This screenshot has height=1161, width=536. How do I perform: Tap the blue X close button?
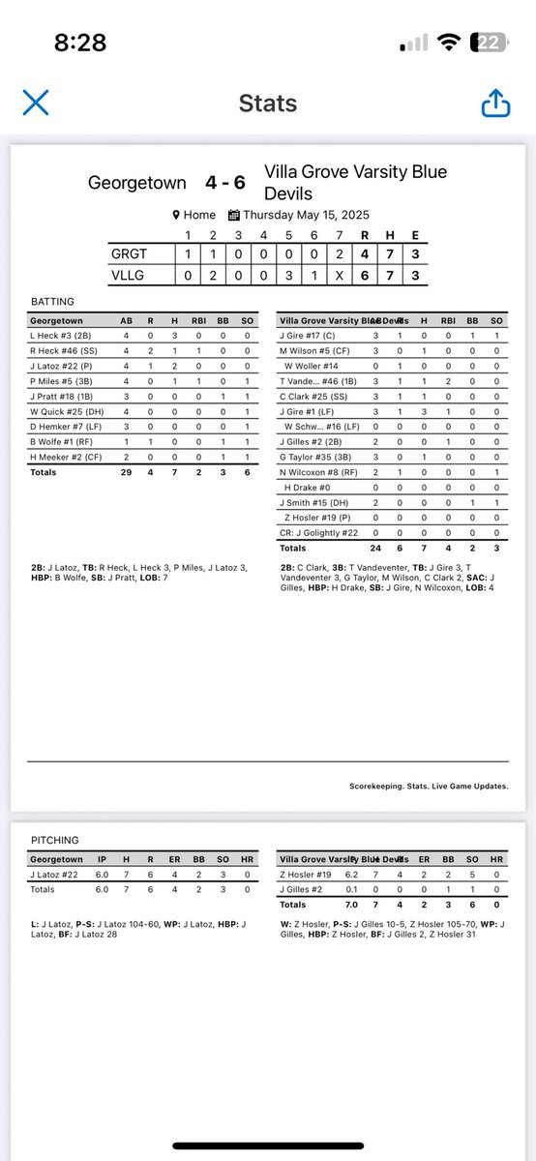[x=36, y=103]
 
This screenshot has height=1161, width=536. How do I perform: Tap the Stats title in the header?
[x=269, y=104]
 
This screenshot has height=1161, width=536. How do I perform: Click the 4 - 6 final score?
[x=224, y=182]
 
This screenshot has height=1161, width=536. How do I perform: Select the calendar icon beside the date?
[x=234, y=215]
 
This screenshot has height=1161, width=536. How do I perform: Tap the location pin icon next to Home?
[x=176, y=215]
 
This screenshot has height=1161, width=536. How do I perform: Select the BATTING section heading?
[x=53, y=302]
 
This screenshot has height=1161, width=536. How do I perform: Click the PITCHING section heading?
[x=56, y=840]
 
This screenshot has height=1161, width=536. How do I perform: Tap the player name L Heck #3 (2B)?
[x=62, y=336]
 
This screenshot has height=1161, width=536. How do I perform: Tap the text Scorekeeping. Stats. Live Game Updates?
[x=429, y=787]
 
